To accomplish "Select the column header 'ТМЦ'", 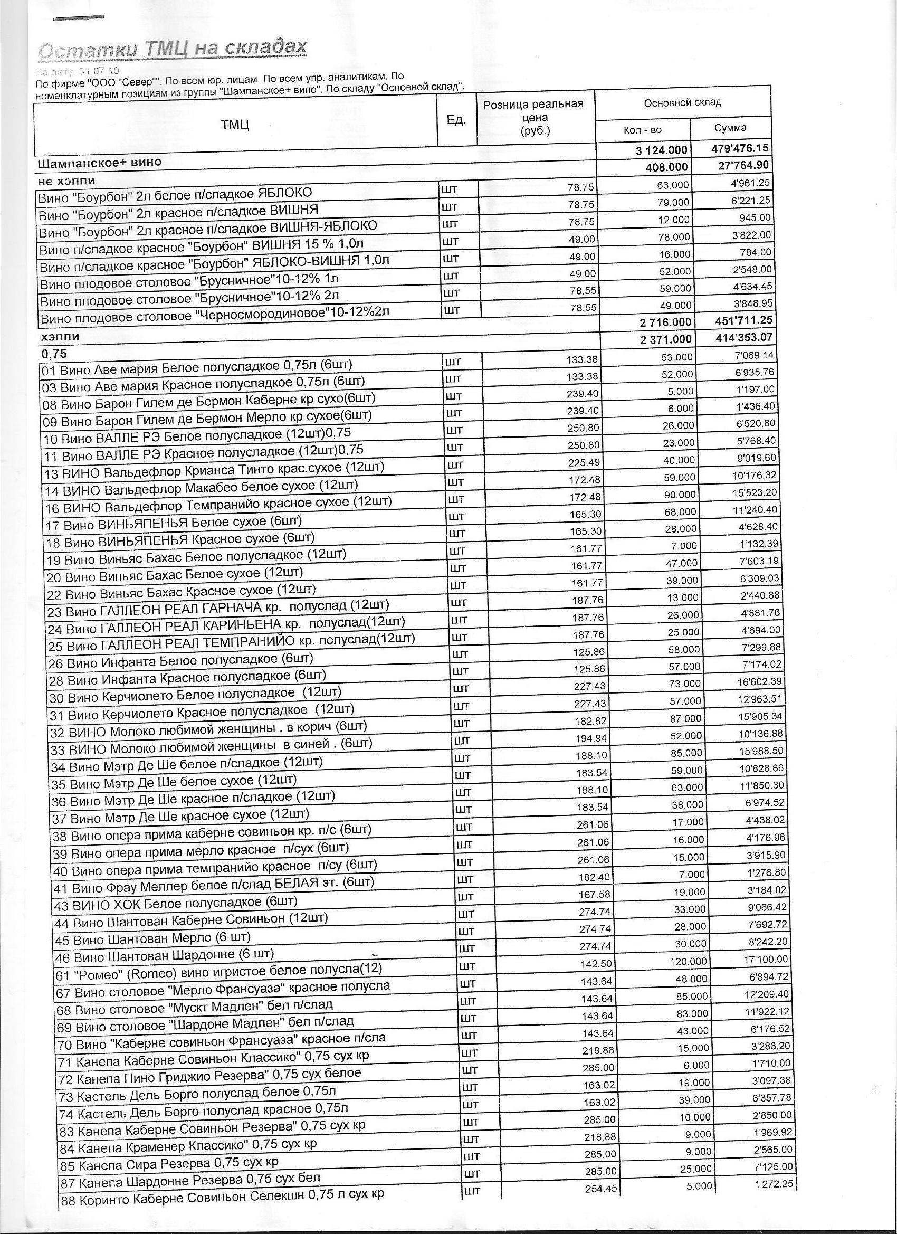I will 235,125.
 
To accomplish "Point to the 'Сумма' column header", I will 731,128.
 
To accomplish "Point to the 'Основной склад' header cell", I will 682,103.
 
